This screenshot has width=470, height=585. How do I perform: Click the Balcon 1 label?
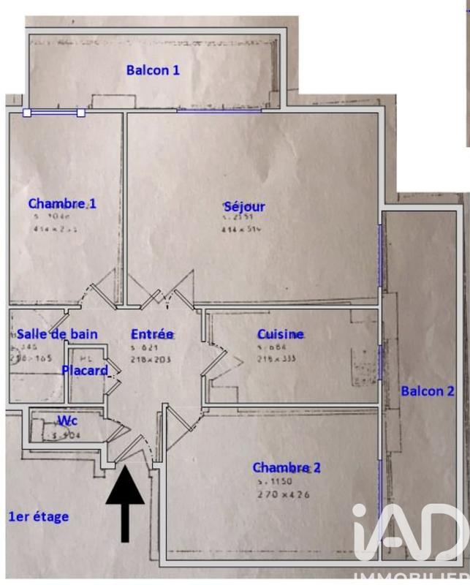pyautogui.click(x=153, y=70)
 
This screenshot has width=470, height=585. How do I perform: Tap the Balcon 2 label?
pyautogui.click(x=428, y=390)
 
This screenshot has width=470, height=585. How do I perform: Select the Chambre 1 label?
pyautogui.click(x=62, y=203)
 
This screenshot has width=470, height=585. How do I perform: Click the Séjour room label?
pyautogui.click(x=244, y=206)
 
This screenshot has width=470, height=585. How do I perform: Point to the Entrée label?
pyautogui.click(x=153, y=334)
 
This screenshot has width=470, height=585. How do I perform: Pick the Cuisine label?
pyautogui.click(x=281, y=334)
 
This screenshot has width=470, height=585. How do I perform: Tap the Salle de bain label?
pyautogui.click(x=57, y=333)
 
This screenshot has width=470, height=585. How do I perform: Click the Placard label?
pyautogui.click(x=85, y=370)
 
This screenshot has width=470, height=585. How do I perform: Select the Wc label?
pyautogui.click(x=68, y=420)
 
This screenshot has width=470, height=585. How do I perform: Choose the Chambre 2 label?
pyautogui.click(x=287, y=467)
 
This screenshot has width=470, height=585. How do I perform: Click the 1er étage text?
pyautogui.click(x=38, y=516)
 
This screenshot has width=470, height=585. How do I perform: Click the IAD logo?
pyautogui.click(x=409, y=535)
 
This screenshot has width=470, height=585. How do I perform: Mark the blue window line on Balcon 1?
pyautogui.click(x=219, y=111)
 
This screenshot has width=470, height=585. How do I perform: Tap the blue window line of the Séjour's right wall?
pyautogui.click(x=379, y=256)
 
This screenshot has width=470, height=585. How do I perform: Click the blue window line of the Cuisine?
pyautogui.click(x=379, y=358)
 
